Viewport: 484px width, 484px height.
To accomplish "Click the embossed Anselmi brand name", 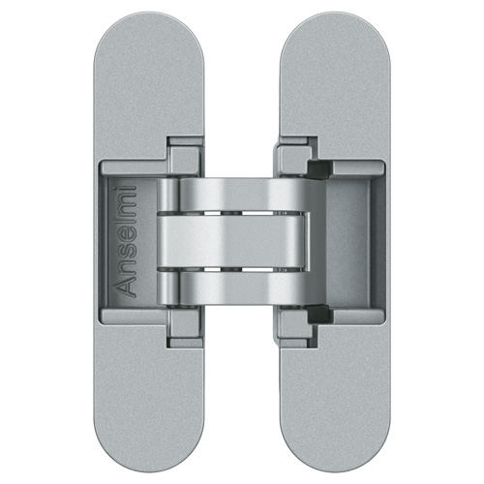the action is [x=126, y=241].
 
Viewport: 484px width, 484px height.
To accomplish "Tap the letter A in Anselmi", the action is [x=126, y=287].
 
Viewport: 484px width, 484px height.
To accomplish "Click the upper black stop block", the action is [x=318, y=169].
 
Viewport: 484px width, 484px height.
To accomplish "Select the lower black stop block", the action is [x=318, y=314].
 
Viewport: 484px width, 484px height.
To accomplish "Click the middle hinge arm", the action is [x=231, y=241].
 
